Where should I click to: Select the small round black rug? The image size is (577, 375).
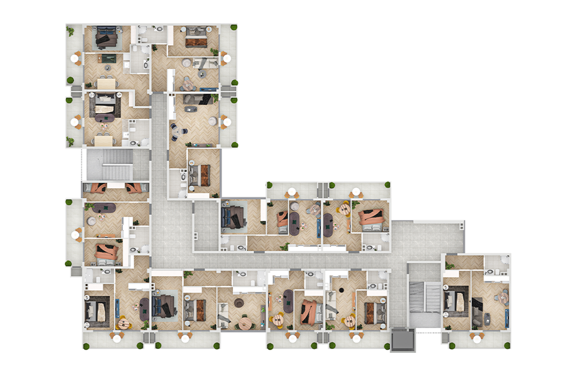coord(342,289)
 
